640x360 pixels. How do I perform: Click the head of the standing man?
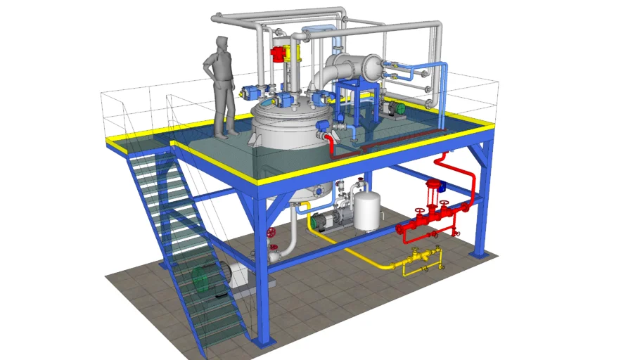coord(222,44)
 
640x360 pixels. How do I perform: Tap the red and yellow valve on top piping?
coord(281,53)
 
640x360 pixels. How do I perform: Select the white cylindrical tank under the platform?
coord(366,211)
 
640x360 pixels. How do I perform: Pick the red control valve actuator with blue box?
coord(434,187)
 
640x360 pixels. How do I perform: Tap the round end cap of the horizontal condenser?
coord(370,67)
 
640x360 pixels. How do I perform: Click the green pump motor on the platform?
coord(397,108)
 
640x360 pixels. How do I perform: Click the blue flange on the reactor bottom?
coord(321,189)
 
